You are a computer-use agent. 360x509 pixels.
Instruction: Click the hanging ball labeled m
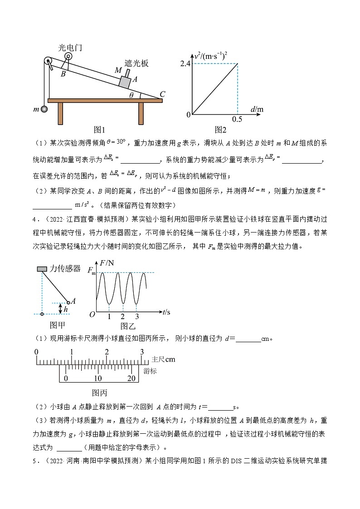pos(44,109)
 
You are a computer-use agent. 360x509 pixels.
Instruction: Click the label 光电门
pos(70,48)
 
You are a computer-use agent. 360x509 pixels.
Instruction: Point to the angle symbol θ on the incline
pos(131,95)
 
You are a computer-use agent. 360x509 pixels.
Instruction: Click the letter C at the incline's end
pos(162,94)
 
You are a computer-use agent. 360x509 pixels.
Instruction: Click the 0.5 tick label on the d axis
pos(237,119)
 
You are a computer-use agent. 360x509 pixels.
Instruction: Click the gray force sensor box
pos(42,269)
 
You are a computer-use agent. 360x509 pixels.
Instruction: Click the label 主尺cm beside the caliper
pos(163,359)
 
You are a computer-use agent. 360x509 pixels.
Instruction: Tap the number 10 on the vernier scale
pos(98,378)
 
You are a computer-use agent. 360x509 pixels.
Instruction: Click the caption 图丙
pos(99,393)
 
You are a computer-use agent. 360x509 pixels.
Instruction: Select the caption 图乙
pos(128,325)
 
